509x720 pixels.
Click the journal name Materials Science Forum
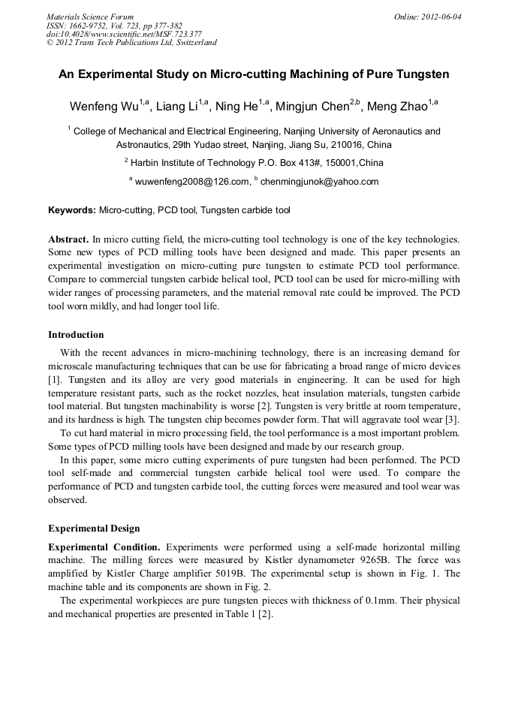tap(90, 17)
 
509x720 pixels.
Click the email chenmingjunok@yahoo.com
tap(319, 182)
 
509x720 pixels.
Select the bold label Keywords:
tap(72, 210)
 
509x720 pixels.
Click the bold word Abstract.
tap(68, 237)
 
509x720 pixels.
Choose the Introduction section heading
tap(76, 335)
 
